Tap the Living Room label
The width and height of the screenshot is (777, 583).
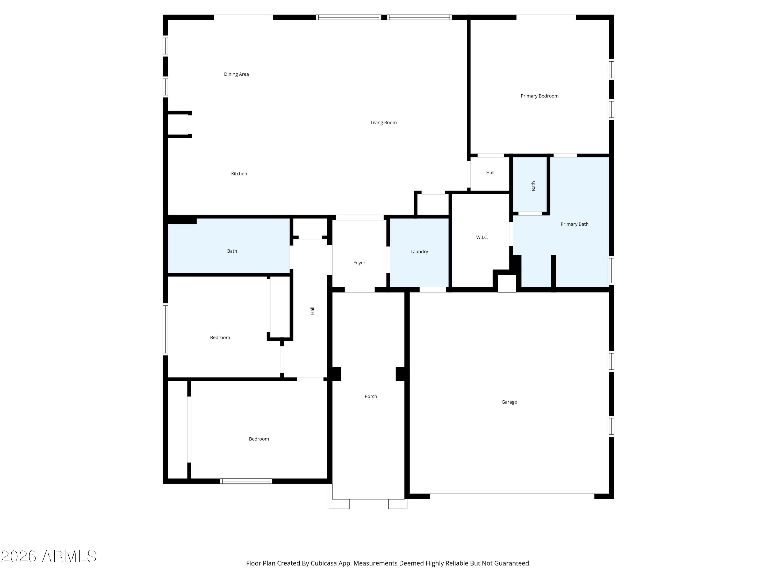click(x=383, y=123)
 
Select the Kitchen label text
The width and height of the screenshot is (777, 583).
click(x=239, y=174)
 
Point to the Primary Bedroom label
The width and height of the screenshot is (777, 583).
click(x=539, y=96)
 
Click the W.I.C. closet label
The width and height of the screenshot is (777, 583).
click(x=482, y=238)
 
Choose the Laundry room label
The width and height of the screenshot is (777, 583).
click(x=419, y=252)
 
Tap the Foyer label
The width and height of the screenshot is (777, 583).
click(x=359, y=263)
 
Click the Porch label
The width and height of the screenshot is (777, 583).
click(x=371, y=396)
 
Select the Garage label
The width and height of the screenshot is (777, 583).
click(x=509, y=402)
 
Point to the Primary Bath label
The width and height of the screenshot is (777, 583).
click(x=574, y=224)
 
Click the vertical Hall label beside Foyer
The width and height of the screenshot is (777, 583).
click(x=312, y=310)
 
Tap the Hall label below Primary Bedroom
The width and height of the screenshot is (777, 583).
click(x=490, y=173)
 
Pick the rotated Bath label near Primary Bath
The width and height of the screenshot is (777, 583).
click(x=533, y=186)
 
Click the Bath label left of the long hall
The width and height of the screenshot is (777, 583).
click(x=232, y=251)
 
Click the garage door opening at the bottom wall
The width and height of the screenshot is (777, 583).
click(x=512, y=496)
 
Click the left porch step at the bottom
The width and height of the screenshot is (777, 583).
click(x=339, y=504)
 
